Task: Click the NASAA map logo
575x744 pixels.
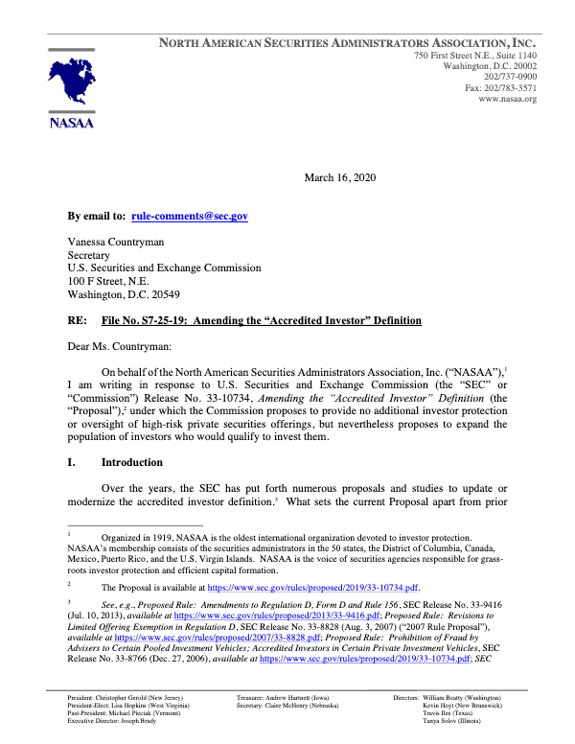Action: (x=69, y=84)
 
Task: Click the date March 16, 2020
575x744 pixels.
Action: (x=342, y=178)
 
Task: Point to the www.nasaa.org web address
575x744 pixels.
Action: (x=507, y=99)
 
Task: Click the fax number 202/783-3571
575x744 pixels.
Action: (x=501, y=87)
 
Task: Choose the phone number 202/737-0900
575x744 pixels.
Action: (x=510, y=76)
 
